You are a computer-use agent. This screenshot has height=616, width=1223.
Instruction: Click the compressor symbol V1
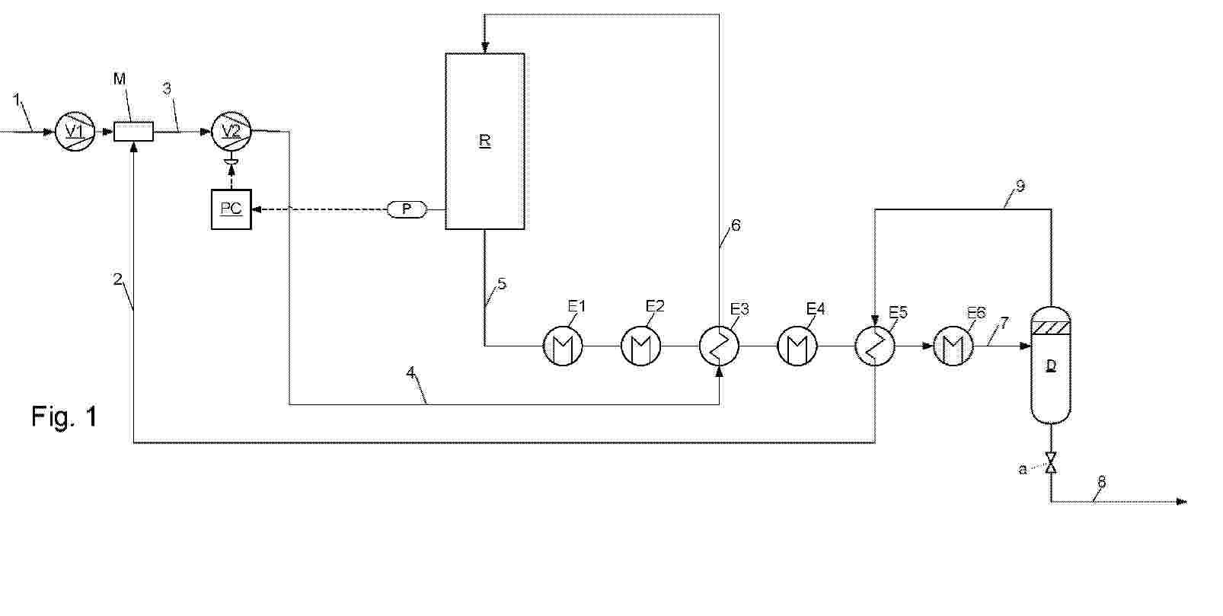pyautogui.click(x=75, y=131)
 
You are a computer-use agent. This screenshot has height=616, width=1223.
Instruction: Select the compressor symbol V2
pyautogui.click(x=232, y=131)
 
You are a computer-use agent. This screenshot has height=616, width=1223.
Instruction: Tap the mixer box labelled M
pyautogui.click(x=134, y=132)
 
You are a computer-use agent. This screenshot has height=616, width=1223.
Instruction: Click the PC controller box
pyautogui.click(x=232, y=209)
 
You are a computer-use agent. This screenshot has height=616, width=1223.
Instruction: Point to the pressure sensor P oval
pyautogui.click(x=407, y=209)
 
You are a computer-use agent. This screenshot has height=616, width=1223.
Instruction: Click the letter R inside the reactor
pyautogui.click(x=485, y=141)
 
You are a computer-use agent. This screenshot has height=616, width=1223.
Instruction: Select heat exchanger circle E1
pyautogui.click(x=563, y=346)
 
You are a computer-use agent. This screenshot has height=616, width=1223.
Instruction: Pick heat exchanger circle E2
pyautogui.click(x=641, y=346)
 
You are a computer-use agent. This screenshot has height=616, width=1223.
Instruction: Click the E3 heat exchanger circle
pyautogui.click(x=719, y=346)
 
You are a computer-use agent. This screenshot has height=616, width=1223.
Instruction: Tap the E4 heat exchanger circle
pyautogui.click(x=797, y=346)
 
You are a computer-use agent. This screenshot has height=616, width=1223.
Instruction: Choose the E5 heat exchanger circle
pyautogui.click(x=875, y=346)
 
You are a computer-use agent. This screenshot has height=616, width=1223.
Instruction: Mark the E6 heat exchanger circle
pyautogui.click(x=953, y=346)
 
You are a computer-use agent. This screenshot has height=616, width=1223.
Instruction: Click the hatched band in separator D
pyautogui.click(x=1050, y=328)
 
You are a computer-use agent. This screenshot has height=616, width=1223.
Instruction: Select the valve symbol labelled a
pyautogui.click(x=1050, y=462)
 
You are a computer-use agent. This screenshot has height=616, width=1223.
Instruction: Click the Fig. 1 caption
pyautogui.click(x=65, y=417)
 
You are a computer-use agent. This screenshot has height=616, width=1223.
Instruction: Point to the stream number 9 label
pyautogui.click(x=1020, y=187)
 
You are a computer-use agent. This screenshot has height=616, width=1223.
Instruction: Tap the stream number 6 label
pyautogui.click(x=736, y=225)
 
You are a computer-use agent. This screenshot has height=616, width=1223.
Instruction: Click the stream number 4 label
pyautogui.click(x=410, y=372)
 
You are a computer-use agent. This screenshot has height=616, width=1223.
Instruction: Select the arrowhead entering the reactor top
pyautogui.click(x=485, y=48)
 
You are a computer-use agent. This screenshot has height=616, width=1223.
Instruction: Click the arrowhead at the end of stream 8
pyautogui.click(x=1181, y=501)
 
